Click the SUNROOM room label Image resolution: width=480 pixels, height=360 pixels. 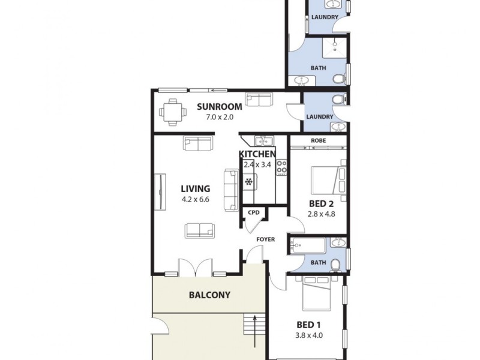(x=220, y=107)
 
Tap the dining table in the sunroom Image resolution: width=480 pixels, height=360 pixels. (x=173, y=112)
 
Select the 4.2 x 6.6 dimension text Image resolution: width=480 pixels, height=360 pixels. (x=195, y=199)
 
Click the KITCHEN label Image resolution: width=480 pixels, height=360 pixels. (x=257, y=155)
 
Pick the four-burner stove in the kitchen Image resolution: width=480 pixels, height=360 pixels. (x=281, y=168)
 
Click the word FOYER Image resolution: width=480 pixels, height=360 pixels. (x=266, y=239)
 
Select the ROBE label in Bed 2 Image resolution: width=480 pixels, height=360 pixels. (x=318, y=141)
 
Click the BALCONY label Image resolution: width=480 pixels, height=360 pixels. (x=209, y=295)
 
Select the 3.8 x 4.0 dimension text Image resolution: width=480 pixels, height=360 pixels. (x=310, y=335)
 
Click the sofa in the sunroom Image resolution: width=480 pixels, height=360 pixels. (x=259, y=99)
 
